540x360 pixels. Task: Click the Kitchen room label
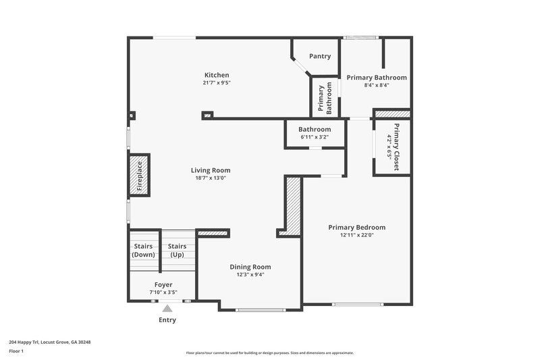coord(217,75)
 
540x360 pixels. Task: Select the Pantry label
coord(319,56)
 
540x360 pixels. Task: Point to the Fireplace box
coord(139,176)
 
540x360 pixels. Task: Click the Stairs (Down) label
coord(142,251)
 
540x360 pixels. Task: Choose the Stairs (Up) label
coord(177,251)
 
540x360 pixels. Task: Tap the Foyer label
coord(163,285)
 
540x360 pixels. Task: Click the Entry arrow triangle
coord(167,309)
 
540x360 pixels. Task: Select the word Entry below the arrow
coord(167,320)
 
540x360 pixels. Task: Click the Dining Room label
coord(250,267)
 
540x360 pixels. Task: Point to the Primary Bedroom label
coord(356,227)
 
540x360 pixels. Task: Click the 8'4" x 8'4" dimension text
coord(376,86)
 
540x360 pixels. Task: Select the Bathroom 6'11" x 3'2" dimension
coord(315,137)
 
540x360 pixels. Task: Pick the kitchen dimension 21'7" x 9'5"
coord(217,83)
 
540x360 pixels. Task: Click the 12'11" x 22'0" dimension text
coord(356,235)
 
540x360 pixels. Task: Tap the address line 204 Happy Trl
coord(50,342)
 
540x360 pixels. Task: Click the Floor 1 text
coord(16,351)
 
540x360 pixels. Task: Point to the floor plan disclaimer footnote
coord(269,353)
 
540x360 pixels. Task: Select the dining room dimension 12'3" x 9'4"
coord(250,275)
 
